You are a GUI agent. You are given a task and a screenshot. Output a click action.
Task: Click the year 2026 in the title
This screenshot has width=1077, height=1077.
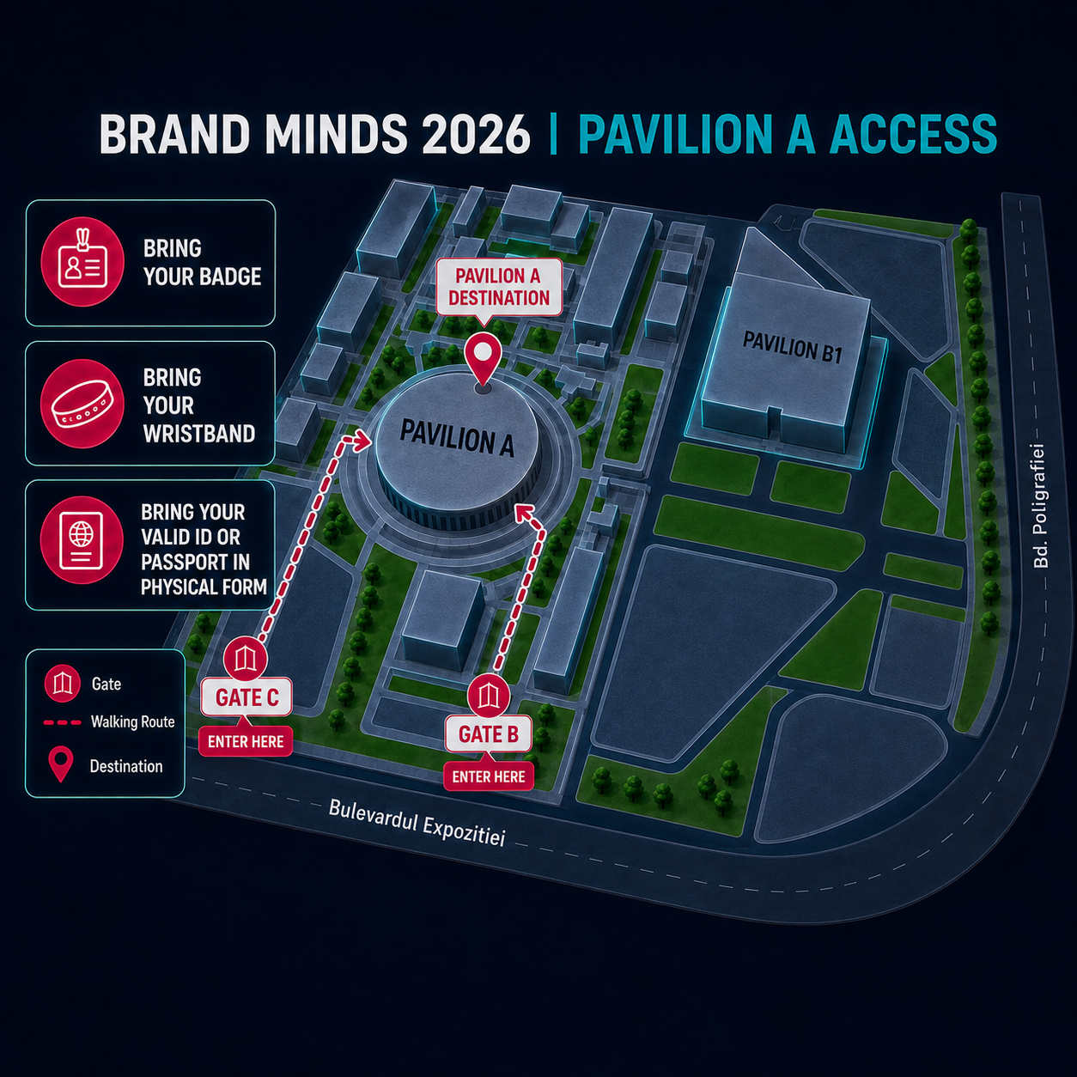point(474,134)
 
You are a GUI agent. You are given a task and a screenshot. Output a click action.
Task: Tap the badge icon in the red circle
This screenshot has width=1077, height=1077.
point(82,261)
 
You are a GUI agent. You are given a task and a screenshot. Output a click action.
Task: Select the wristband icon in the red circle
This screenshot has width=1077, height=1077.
point(82,404)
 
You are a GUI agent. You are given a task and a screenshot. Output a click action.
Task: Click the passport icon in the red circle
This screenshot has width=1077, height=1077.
point(82,540)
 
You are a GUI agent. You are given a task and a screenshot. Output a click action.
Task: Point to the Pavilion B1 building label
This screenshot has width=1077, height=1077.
point(792,347)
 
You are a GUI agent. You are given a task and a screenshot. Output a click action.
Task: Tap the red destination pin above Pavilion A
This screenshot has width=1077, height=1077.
point(483,360)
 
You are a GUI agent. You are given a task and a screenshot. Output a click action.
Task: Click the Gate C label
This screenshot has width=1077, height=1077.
point(246,697)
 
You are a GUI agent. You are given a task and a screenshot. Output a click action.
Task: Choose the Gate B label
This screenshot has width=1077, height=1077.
point(489,733)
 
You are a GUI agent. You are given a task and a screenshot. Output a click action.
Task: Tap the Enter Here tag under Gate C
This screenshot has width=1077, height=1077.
point(246,742)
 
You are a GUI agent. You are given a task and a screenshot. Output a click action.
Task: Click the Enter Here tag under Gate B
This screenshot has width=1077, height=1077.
point(489,777)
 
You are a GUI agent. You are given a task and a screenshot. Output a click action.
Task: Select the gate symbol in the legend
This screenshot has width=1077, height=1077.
point(63,684)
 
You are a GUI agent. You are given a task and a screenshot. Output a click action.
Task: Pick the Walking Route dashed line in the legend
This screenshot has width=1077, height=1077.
point(63,722)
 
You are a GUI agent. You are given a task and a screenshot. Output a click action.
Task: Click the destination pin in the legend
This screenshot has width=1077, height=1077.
point(61,764)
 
